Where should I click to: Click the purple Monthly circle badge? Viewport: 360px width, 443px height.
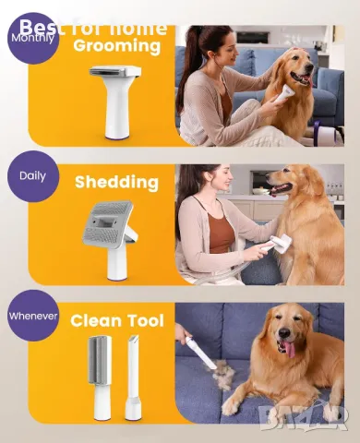[32, 38]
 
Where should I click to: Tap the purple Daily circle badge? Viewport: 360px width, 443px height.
[32, 175]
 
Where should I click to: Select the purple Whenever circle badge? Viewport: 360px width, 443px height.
[32, 316]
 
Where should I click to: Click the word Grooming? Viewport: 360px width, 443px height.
[116, 45]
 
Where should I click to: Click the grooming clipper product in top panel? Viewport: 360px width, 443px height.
[116, 99]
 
